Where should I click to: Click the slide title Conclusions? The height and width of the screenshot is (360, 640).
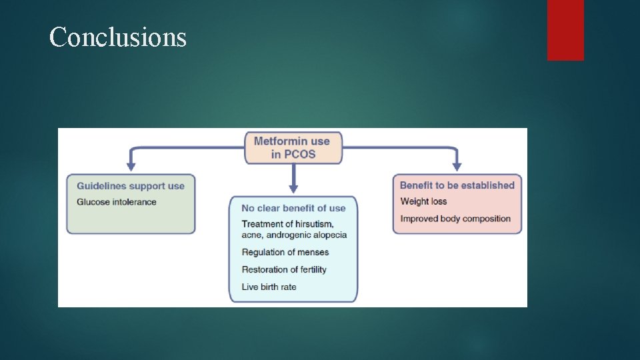point(118,37)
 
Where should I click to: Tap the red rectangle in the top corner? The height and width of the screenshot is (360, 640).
point(565,30)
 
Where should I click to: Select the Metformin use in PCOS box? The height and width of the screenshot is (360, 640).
point(293,147)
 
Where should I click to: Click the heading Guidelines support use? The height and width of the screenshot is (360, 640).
point(131,186)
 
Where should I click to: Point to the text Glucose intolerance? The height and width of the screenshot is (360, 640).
point(117,202)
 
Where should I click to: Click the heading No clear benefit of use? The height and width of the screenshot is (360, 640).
point(293,208)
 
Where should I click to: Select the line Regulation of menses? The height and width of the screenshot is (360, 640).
point(285,252)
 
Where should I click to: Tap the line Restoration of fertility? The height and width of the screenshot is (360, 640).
point(284,269)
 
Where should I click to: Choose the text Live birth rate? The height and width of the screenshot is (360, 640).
point(269,287)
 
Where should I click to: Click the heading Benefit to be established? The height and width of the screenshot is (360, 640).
point(457,185)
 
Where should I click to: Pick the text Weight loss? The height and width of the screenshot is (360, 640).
point(423,201)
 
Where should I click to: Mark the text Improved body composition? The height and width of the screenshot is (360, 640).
point(455,219)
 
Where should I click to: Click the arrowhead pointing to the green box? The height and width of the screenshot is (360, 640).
point(131,166)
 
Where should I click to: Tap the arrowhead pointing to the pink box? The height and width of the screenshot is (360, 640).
point(457,166)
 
